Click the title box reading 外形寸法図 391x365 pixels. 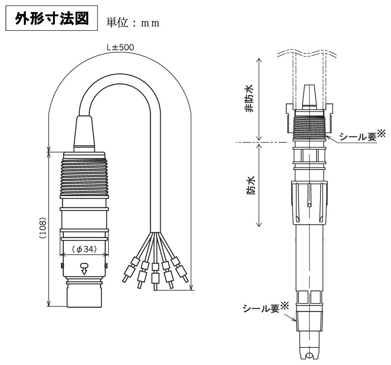[x=51, y=18]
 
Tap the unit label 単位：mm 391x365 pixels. [x=133, y=23]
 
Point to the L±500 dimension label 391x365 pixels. [x=120, y=48]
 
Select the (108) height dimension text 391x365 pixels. [x=43, y=228]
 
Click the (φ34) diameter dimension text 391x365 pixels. [x=84, y=249]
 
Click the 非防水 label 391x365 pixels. [x=249, y=99]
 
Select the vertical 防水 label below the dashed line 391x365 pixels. [x=251, y=185]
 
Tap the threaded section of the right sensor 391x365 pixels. [x=310, y=127]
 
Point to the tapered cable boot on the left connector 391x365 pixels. [x=84, y=134]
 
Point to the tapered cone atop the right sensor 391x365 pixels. [x=309, y=97]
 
